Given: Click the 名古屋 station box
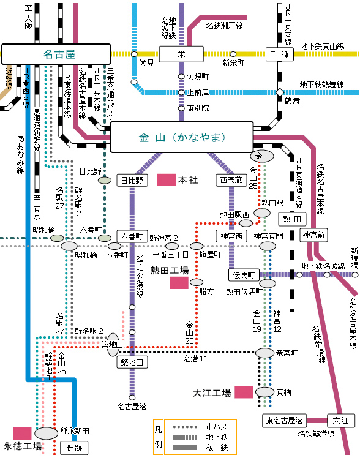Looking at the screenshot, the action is pos(56,54).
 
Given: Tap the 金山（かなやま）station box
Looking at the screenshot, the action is pos(182,137).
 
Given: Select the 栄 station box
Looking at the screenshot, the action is pos(181,54).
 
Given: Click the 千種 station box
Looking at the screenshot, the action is pos(279,54).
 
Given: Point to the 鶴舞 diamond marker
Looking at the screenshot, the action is pos(280,92).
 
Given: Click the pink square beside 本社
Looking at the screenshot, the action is pos(167,180).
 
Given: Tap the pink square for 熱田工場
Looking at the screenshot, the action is pos(179,283).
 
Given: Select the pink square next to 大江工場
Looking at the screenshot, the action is pos(244,392).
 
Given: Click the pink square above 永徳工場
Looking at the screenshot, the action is pos(22,434).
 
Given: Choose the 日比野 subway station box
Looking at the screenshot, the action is pos(132,180).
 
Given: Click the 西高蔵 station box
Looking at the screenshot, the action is pos(231,180).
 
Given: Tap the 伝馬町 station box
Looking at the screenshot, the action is pos(244,275).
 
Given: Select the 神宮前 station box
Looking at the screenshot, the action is pos(313,235).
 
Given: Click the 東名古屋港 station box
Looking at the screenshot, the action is pos(284,421).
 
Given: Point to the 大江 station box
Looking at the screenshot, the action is pos(341,421).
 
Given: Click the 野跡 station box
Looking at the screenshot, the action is pos(74,448).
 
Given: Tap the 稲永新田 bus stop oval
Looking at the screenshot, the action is pos(46,434).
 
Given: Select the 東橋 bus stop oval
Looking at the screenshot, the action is pos(265,392).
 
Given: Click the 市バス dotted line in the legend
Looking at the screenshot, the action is pos(185,427).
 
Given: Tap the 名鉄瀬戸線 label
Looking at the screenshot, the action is pos(224,26).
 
